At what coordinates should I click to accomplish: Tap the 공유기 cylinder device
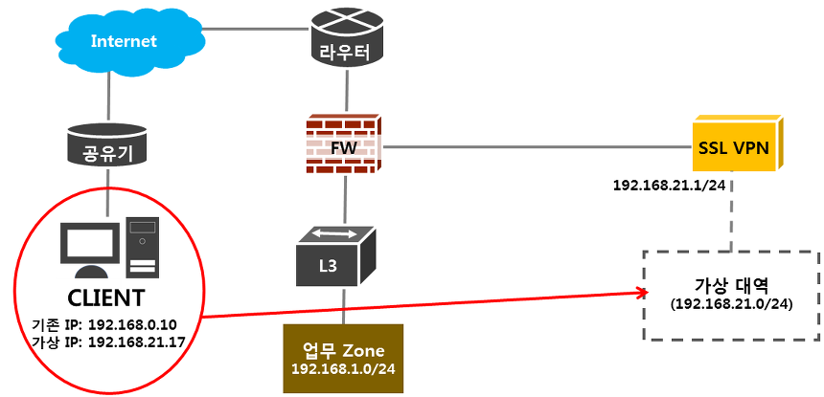point(107,144)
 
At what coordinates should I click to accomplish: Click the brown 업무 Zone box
point(344,358)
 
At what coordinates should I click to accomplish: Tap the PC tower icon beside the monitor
point(142,247)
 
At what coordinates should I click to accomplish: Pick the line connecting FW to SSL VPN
point(537,146)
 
